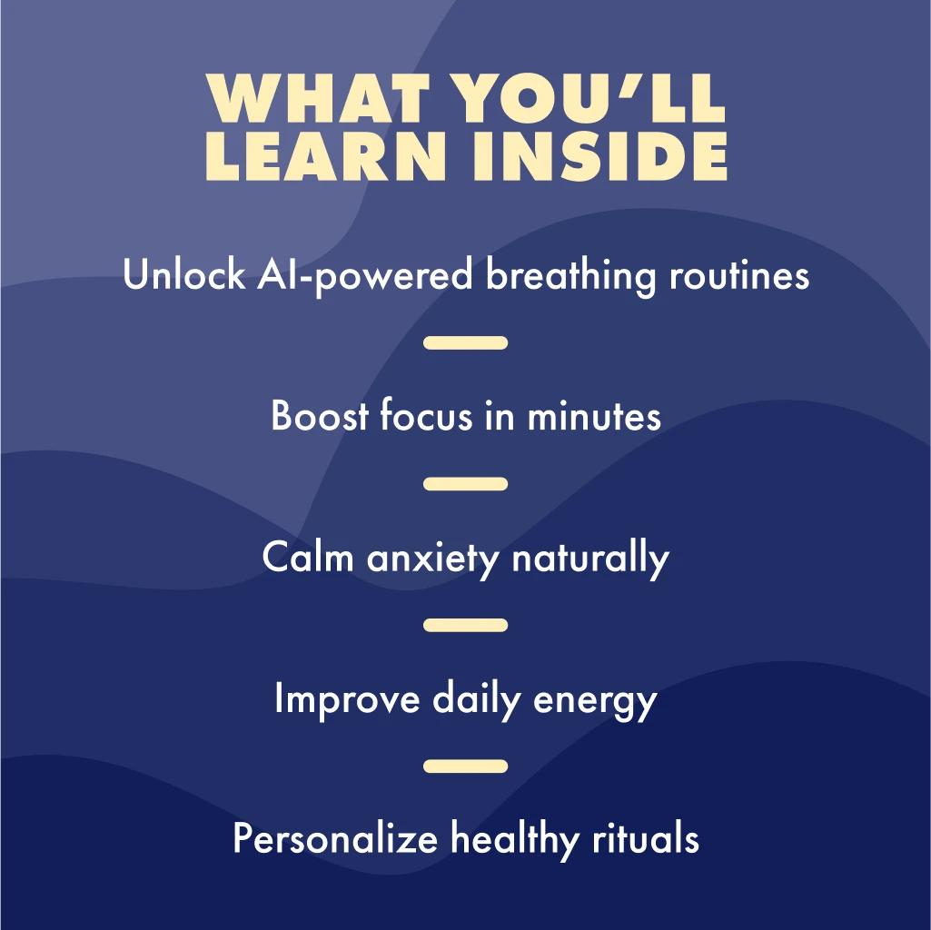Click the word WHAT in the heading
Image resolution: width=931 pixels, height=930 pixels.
(318, 98)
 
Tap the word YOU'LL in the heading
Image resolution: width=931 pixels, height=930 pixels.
(592, 98)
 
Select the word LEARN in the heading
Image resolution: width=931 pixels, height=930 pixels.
(325, 155)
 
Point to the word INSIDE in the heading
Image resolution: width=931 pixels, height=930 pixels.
(600, 155)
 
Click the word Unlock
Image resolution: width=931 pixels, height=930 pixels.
(184, 274)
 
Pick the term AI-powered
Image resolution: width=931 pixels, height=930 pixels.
(364, 276)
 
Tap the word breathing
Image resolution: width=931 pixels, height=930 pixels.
(570, 276)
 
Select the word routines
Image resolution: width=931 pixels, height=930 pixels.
(739, 275)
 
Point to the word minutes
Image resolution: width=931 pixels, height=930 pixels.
(594, 416)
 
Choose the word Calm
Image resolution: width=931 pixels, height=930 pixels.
(308, 557)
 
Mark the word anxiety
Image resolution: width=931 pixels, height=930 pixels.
(433, 559)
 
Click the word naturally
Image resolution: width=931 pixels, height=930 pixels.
(590, 559)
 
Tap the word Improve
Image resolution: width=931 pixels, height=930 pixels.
(347, 699)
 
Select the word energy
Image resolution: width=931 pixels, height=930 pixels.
(595, 702)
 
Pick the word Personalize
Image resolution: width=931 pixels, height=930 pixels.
(335, 838)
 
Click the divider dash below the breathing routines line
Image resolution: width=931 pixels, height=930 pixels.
(465, 342)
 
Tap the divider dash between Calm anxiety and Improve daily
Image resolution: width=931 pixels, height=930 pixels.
(465, 625)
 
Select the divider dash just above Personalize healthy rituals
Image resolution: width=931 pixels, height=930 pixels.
(465, 767)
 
